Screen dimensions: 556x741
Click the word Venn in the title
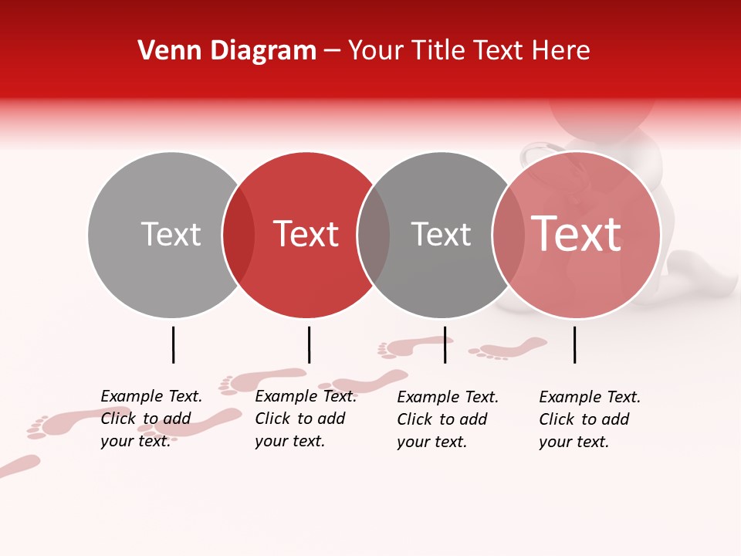click(167, 51)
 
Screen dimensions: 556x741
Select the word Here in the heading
click(561, 51)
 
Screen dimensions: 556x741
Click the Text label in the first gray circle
click(171, 234)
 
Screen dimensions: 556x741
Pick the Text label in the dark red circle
click(306, 234)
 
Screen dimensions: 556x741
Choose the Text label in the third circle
click(441, 234)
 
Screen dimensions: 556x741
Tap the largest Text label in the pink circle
click(576, 234)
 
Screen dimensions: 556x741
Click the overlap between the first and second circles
click(239, 235)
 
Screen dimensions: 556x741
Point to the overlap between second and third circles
click(374, 235)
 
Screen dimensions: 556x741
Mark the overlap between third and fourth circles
click(509, 235)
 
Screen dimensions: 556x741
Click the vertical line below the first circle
click(173, 344)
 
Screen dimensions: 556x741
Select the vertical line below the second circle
click(309, 344)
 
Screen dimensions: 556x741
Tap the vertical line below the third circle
click(445, 344)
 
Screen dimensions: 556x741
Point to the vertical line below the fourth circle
click(574, 344)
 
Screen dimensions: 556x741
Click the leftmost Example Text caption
click(151, 419)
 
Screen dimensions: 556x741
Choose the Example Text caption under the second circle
click(306, 419)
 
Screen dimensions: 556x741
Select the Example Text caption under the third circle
click(448, 419)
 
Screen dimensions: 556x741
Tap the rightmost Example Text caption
click(590, 419)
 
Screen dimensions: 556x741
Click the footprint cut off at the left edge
click(19, 466)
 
